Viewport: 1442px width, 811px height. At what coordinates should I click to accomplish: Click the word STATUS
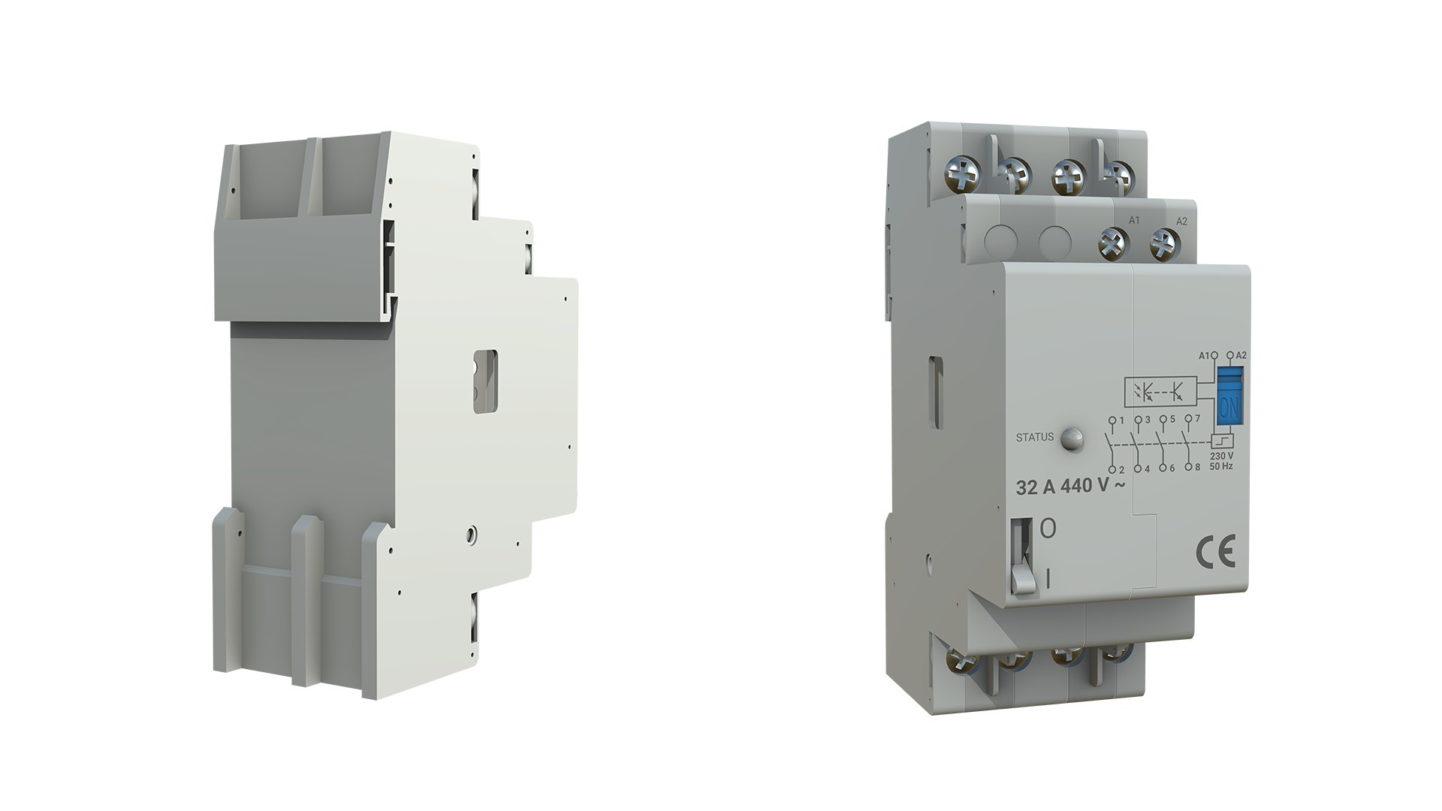pyautogui.click(x=1034, y=436)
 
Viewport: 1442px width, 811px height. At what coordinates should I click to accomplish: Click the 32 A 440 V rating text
pyautogui.click(x=1070, y=487)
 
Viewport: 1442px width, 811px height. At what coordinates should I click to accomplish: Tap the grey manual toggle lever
pyautogui.click(x=1021, y=578)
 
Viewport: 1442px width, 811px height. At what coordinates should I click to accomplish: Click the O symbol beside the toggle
pyautogui.click(x=1048, y=529)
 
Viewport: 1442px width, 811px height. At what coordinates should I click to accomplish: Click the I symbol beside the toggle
pyautogui.click(x=1048, y=578)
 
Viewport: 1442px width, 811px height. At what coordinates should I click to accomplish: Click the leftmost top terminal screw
pyautogui.click(x=962, y=176)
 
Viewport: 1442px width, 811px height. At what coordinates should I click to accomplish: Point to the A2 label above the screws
pyautogui.click(x=1181, y=222)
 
